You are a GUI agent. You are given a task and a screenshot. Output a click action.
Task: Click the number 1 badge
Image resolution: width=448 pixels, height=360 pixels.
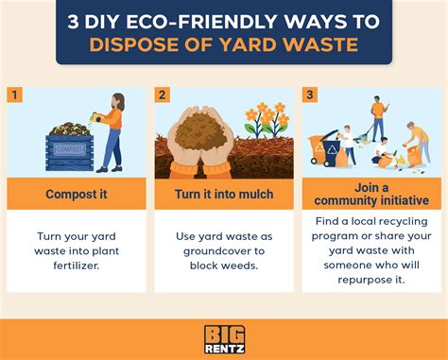[x=14, y=94]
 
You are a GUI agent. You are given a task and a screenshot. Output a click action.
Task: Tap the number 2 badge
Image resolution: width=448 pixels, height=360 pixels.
[x=163, y=94]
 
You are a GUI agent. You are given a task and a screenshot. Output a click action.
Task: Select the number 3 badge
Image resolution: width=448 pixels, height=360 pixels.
[x=309, y=94]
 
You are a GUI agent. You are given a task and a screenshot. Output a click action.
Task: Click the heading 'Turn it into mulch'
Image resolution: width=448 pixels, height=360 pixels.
[x=223, y=195]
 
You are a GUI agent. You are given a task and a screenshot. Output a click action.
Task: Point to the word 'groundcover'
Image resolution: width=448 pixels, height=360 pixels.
[x=224, y=252]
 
